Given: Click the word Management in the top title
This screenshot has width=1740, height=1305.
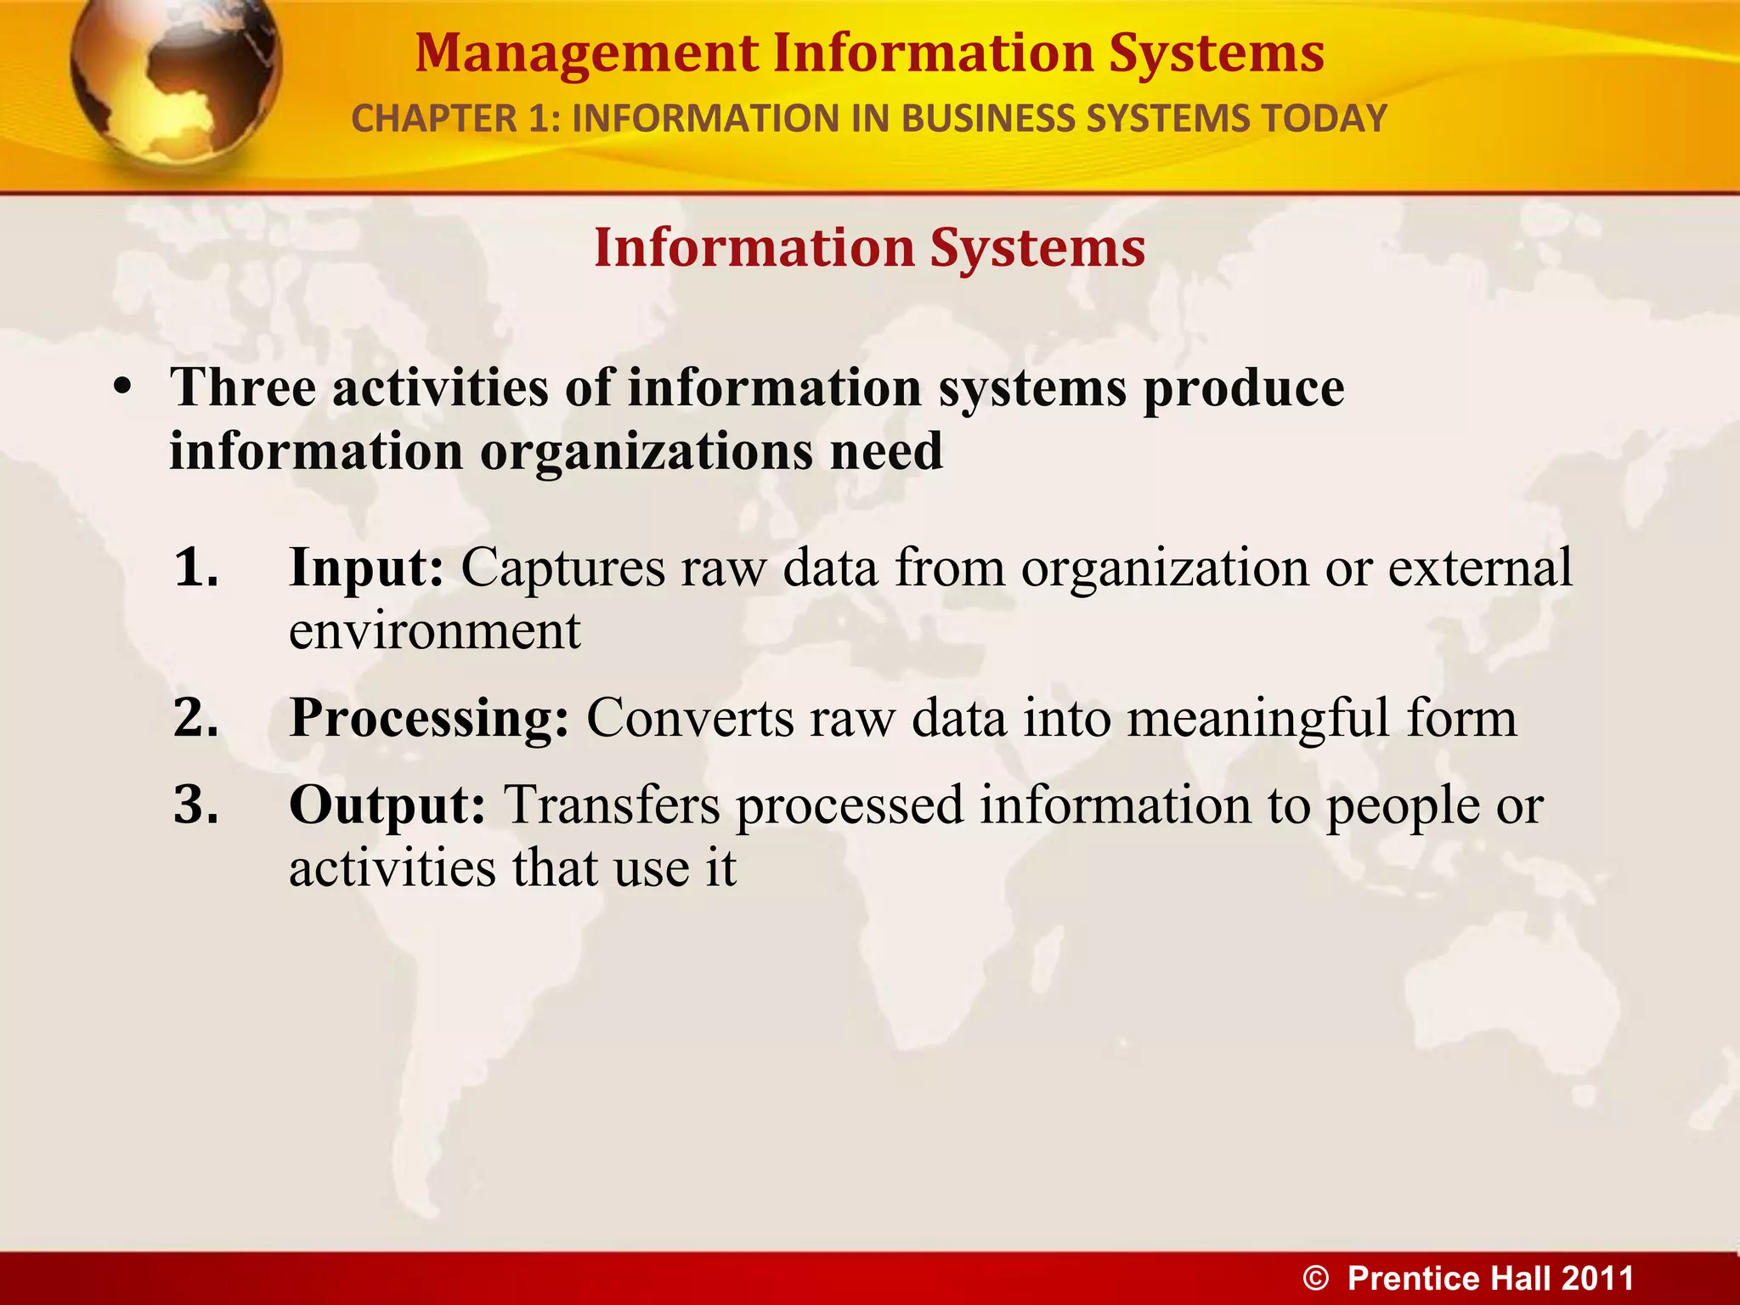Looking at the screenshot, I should tap(586, 54).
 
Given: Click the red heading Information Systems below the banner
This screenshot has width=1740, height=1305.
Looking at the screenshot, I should tap(869, 248).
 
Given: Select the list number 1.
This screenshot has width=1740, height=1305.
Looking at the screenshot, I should tap(195, 568).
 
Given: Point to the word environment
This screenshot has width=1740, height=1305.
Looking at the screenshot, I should tap(434, 632).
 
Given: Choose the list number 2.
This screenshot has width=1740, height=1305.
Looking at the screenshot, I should tap(195, 717).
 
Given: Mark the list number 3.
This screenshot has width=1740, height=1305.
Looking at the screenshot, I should tap(195, 805).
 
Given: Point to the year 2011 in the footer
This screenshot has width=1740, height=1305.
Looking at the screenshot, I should tap(1596, 1279).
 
